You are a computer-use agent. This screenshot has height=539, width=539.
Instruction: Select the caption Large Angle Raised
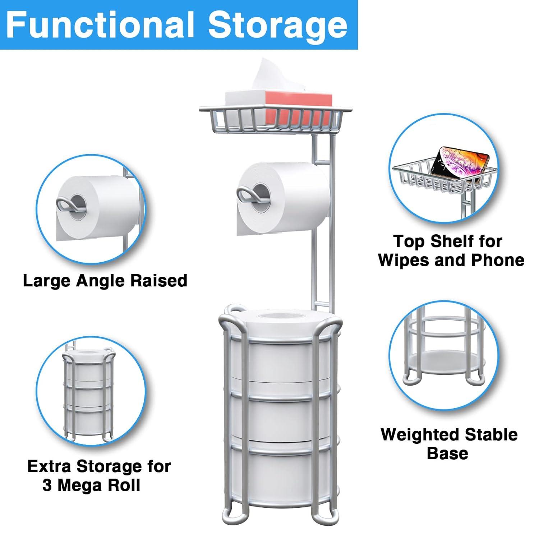pos(105,281)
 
